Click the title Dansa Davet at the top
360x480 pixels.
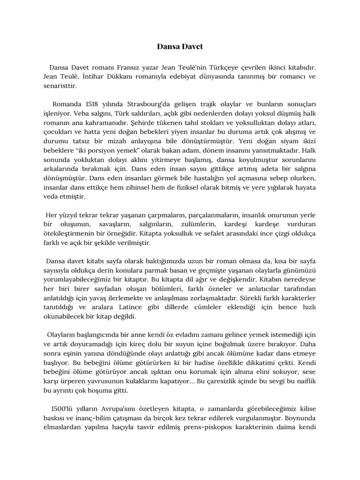tap(180, 47)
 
